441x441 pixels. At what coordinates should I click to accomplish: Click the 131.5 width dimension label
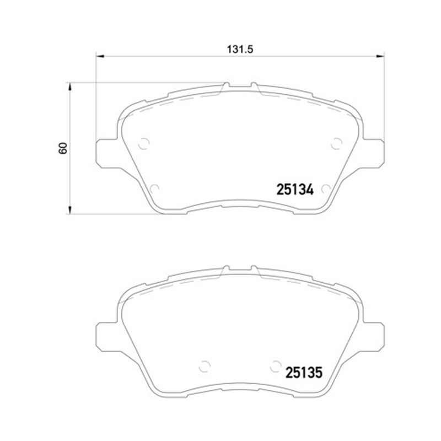[x=240, y=50]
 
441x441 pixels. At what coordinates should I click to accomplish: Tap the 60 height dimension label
[x=63, y=148]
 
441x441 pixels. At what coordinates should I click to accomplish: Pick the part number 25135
[x=304, y=373]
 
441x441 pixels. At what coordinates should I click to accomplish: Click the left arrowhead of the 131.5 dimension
[x=100, y=56]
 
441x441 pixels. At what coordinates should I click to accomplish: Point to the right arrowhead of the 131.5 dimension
[x=380, y=56]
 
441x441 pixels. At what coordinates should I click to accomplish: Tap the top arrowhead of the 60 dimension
[x=70, y=87]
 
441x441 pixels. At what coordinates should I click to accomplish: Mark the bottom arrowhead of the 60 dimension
[x=70, y=210]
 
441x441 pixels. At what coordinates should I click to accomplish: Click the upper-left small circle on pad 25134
[x=144, y=144]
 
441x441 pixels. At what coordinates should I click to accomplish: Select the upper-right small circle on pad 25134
[x=336, y=143]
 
